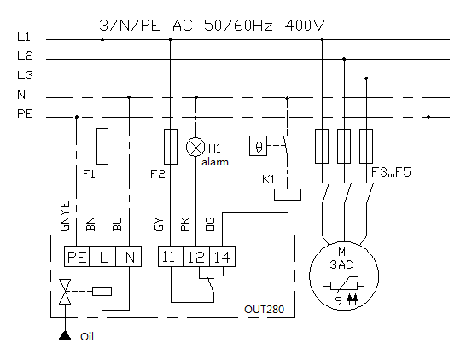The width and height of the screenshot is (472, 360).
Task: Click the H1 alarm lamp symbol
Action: coord(195,147)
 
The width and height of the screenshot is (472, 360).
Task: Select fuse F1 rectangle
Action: coord(102,146)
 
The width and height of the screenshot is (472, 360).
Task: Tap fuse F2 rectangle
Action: coord(171,147)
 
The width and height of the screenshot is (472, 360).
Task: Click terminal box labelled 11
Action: coord(171,256)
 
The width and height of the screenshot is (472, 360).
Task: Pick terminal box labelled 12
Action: coord(196,256)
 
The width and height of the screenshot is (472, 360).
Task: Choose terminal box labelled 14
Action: coord(222,256)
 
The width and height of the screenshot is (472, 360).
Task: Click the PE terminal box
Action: coord(77,256)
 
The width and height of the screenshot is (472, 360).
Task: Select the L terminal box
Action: coord(102,256)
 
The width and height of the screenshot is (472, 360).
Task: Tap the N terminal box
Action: coord(129,256)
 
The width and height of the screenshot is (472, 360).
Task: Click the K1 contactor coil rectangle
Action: coord(288,195)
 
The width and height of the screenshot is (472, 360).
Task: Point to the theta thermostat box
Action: coord(259,146)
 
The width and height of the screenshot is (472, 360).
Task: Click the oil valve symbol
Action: coord(65,292)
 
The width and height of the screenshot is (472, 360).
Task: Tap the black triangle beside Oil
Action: coord(65,335)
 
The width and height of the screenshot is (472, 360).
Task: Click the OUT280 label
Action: coord(264,309)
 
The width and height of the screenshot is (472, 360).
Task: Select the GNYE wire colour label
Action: coord(65,216)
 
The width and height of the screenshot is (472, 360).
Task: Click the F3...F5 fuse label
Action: coord(391,172)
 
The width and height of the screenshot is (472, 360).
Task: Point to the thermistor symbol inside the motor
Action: coord(343,286)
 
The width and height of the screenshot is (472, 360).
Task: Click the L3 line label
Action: coord(25,75)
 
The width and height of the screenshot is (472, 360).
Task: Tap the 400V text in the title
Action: coord(305,26)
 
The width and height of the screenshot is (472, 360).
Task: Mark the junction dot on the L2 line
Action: coord(344,59)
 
